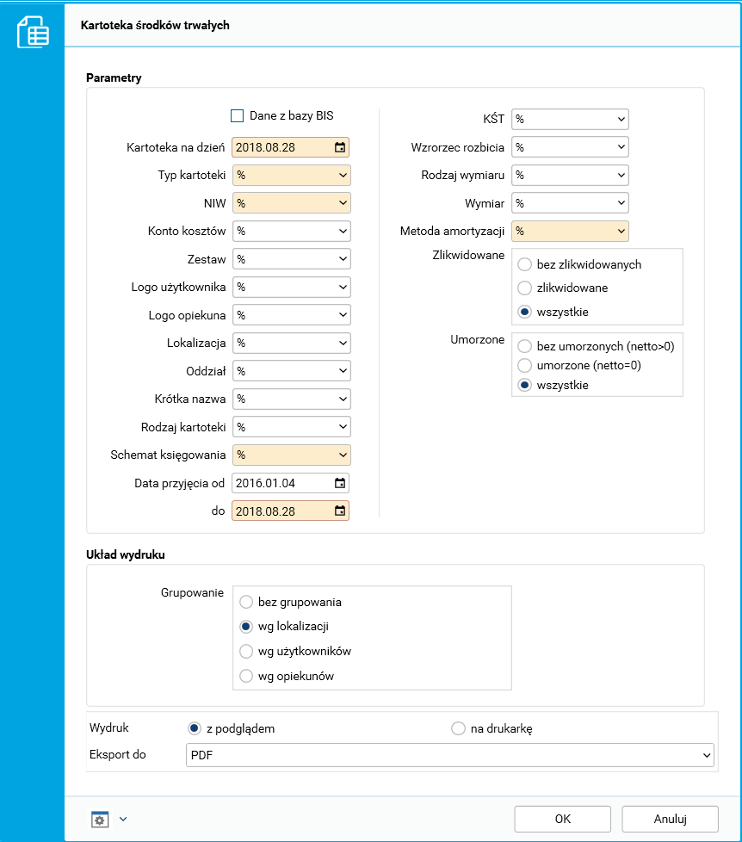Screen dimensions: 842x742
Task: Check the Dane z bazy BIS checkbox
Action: coord(238,116)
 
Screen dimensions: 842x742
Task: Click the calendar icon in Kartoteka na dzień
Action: coord(340,147)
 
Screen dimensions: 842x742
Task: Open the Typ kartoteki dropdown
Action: coord(290,176)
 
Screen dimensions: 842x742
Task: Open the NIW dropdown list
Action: coord(290,203)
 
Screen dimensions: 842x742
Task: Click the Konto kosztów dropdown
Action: coord(290,232)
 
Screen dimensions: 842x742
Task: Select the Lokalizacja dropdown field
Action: coord(290,343)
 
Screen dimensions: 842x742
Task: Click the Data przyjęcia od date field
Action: coord(280,482)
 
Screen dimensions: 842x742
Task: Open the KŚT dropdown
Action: coord(570,119)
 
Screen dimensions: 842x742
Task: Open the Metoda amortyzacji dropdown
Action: coord(570,231)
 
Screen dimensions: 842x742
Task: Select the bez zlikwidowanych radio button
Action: coord(523,265)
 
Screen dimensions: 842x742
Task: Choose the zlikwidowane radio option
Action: coord(523,288)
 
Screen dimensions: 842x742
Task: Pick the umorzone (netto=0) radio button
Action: coord(523,366)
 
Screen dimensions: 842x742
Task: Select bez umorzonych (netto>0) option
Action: coord(523,346)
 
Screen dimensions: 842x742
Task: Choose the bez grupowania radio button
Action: coord(246,603)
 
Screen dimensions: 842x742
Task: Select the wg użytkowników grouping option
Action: coord(246,652)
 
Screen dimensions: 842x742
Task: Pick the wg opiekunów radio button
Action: coord(246,676)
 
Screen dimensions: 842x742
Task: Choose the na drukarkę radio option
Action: coord(458,729)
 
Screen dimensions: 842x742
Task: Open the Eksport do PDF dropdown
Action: coord(450,755)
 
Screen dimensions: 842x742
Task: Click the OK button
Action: coord(562,819)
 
